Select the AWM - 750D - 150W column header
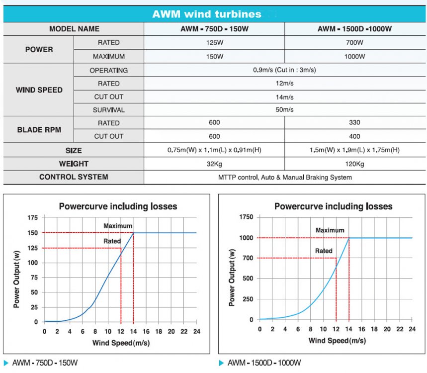pos(214,29)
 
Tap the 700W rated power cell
pos(354,43)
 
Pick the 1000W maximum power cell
pos(354,56)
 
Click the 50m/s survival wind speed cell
pos(284,110)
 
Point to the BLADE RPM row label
pos(39,130)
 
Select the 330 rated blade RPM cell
pos(354,123)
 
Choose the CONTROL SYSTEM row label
pos(74,177)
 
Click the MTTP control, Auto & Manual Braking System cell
pos(284,177)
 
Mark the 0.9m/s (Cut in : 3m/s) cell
pos(284,70)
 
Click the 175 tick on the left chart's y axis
pos(32,217)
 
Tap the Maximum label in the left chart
pos(118,226)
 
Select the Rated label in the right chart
pos(324,251)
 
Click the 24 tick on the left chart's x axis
pos(196,332)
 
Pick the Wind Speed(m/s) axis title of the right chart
pos(337,341)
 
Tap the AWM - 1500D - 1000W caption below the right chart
pos(263,363)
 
